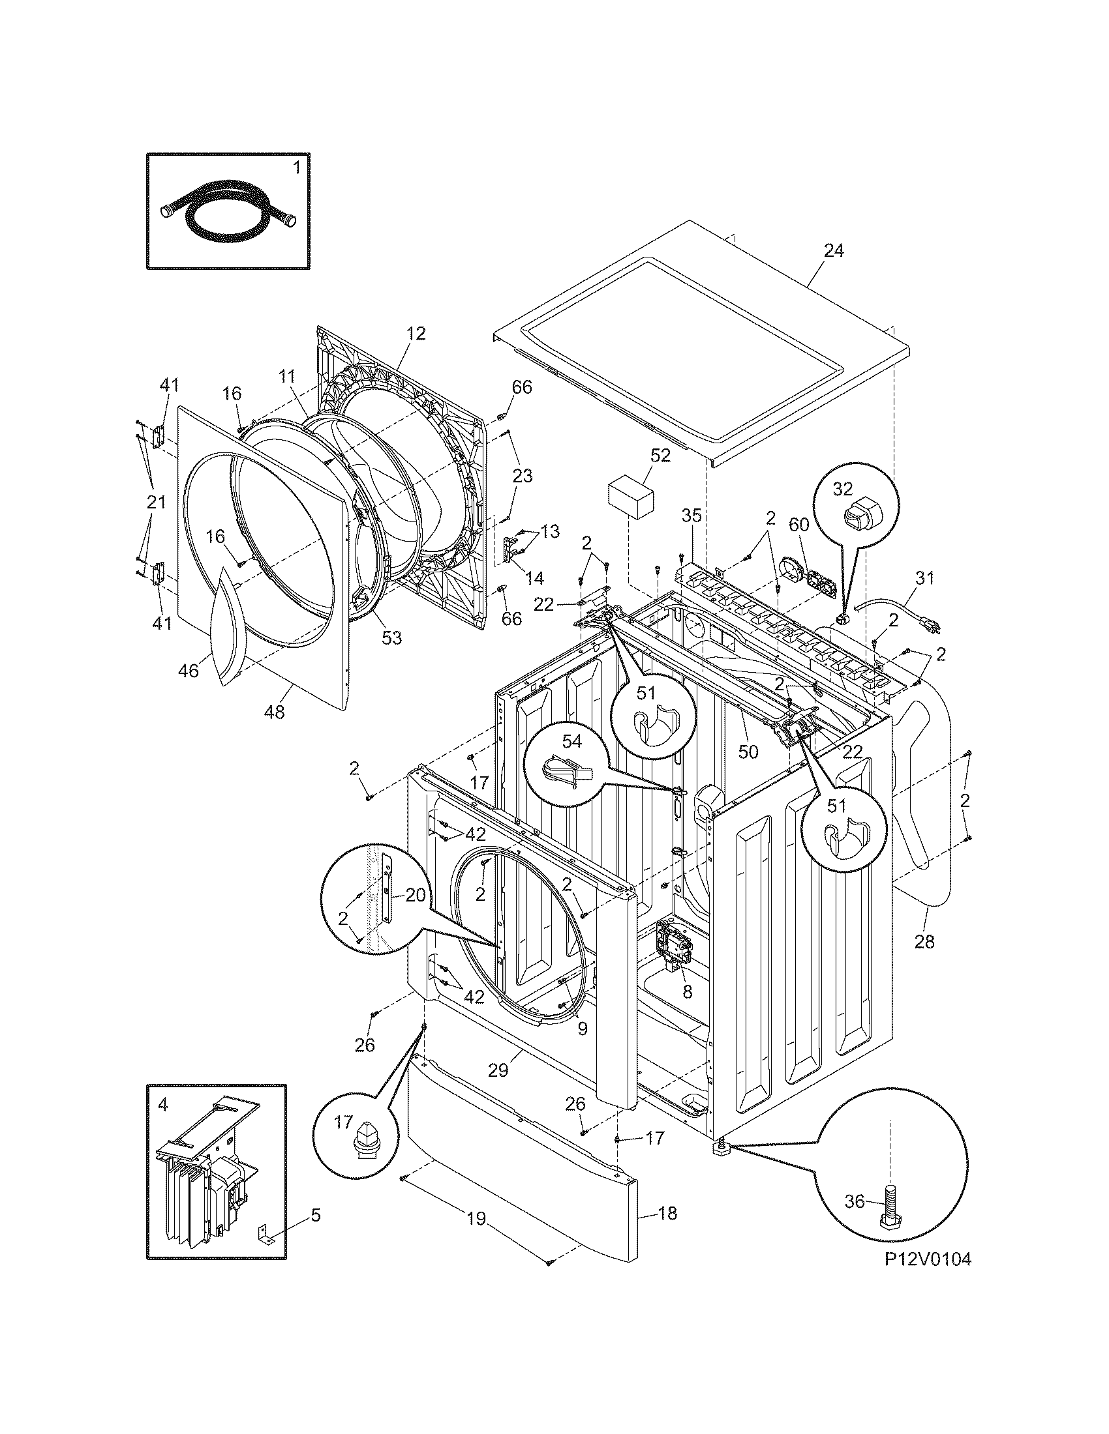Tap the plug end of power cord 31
[x=934, y=627]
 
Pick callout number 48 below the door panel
[x=275, y=711]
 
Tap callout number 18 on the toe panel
[x=667, y=1214]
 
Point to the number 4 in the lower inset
[x=162, y=1105]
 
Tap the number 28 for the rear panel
[x=924, y=942]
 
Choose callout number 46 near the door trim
[x=189, y=670]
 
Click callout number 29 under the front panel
[x=498, y=1070]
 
